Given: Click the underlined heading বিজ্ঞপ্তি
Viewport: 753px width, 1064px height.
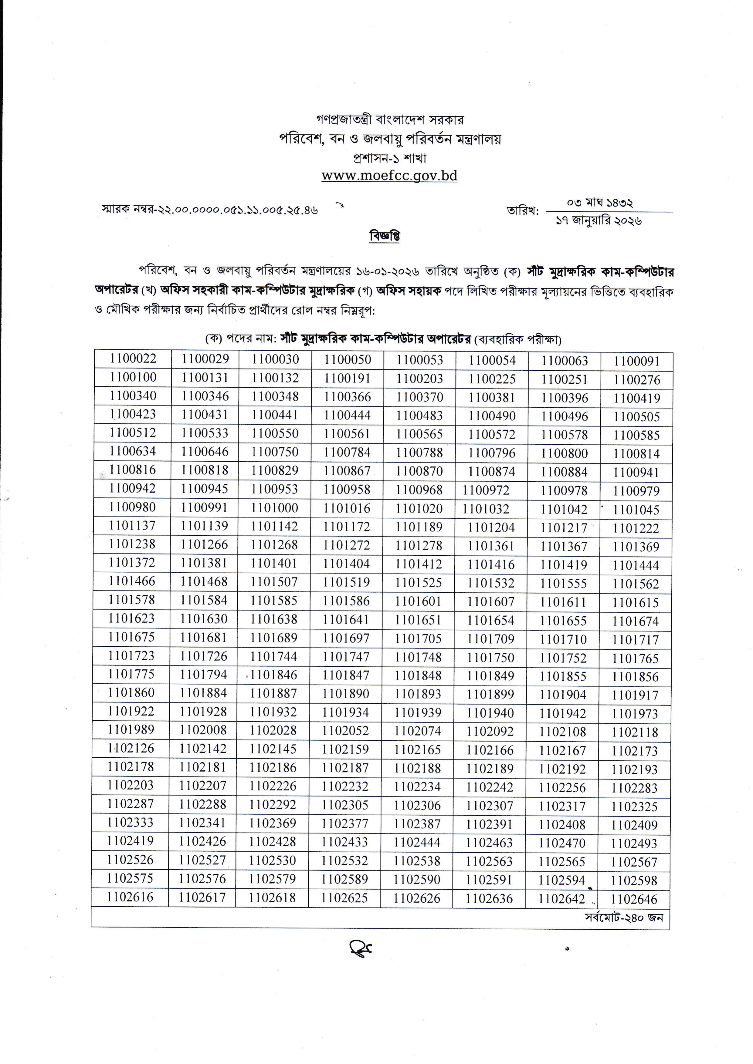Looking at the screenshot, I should (385, 236).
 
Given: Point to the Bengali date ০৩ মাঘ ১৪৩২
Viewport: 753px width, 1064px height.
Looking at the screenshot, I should (600, 203).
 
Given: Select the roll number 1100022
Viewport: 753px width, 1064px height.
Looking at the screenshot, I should (133, 358).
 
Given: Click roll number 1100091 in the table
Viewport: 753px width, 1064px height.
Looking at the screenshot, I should (637, 361).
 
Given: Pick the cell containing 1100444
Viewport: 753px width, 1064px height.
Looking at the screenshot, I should (347, 415).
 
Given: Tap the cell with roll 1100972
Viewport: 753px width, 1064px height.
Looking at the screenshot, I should (486, 490).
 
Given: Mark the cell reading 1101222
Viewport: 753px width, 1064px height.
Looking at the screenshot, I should (636, 528).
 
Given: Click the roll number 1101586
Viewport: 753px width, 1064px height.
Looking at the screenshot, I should (346, 601).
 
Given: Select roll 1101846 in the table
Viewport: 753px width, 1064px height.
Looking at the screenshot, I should (273, 675).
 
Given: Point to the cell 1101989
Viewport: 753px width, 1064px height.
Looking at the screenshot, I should (131, 730).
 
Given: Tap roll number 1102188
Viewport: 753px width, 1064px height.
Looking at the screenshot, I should (417, 768).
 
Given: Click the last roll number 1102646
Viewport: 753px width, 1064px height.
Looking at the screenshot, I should (634, 899).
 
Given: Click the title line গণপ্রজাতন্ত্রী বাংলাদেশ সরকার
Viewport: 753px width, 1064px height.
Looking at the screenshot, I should (389, 120).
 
